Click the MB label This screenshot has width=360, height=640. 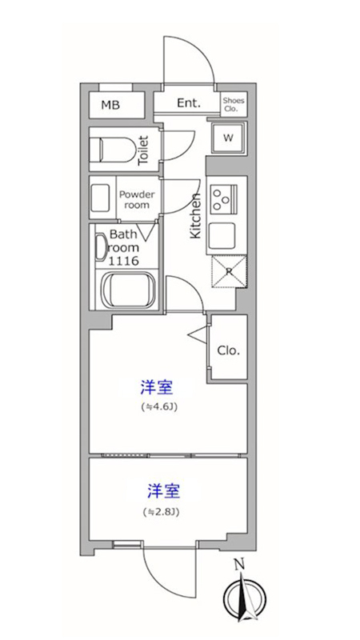click(110, 106)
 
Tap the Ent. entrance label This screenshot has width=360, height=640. click(189, 103)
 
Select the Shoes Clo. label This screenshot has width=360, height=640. click(234, 105)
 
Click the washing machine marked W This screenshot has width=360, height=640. click(228, 138)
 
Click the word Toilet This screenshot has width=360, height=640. click(144, 150)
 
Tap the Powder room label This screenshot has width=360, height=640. click(137, 199)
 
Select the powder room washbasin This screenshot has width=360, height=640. click(101, 198)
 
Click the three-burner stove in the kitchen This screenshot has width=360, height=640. click(223, 198)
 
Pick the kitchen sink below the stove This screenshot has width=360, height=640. click(222, 236)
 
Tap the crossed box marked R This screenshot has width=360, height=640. click(229, 272)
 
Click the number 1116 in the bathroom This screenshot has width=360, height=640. click(124, 261)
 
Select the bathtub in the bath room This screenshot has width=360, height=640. click(128, 290)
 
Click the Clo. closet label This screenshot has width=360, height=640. click(229, 350)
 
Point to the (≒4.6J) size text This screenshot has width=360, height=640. click(158, 407)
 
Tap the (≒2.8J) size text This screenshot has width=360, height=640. click(162, 511)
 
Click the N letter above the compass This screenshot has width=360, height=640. click(239, 565)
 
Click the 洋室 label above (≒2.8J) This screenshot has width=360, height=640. click(163, 492)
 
